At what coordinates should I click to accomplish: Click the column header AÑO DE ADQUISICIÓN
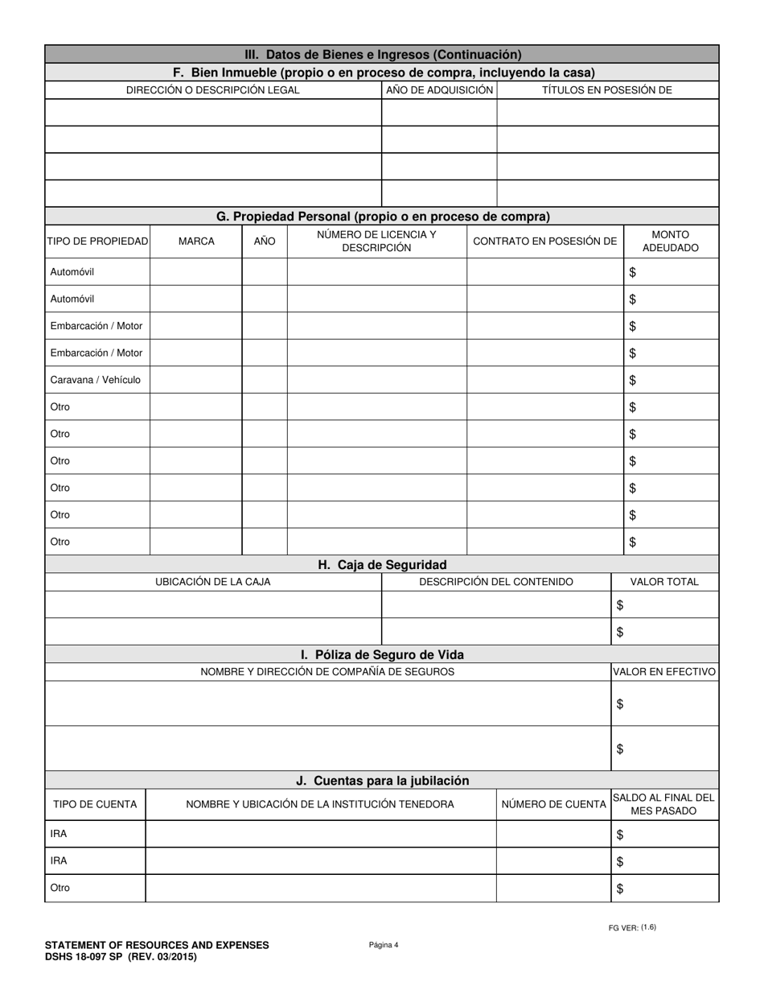tap(439, 90)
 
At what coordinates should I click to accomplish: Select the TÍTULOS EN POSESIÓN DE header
tap(606, 90)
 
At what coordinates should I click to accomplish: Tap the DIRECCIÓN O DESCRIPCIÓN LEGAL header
tap(212, 90)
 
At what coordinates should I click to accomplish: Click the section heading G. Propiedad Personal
tap(383, 217)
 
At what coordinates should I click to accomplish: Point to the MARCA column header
tap(196, 241)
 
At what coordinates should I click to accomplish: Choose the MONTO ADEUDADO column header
tap(671, 241)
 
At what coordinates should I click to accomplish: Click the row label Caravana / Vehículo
tap(95, 380)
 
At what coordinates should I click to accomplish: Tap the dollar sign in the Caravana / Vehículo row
tap(633, 380)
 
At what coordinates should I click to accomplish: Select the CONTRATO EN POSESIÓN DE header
tap(544, 241)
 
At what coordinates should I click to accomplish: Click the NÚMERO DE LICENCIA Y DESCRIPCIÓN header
tap(376, 241)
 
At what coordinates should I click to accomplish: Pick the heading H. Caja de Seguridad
tap(382, 565)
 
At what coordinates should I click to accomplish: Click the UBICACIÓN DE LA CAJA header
tap(212, 582)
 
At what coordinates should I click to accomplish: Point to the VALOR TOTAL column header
tap(663, 582)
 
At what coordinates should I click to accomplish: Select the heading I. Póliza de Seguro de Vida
tap(382, 655)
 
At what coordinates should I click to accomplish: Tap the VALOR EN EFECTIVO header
tap(664, 671)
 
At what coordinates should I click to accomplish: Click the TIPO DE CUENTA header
tap(95, 804)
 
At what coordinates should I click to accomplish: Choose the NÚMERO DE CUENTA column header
tap(553, 804)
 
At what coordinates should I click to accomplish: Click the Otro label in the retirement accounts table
tap(60, 889)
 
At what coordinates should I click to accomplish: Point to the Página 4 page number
tap(384, 945)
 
